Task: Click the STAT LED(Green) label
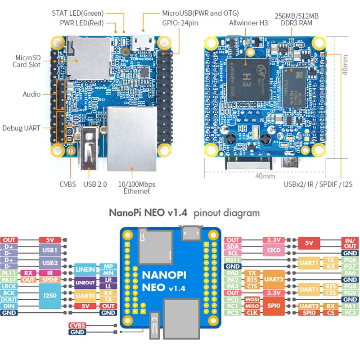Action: [78, 13]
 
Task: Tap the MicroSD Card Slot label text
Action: [28, 61]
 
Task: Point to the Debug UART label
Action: [21, 128]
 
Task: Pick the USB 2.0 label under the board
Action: [95, 184]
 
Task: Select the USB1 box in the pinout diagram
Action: [50, 250]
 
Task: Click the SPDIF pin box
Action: [50, 279]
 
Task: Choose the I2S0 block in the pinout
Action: [50, 296]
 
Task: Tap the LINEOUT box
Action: [85, 283]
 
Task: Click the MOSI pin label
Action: [251, 299]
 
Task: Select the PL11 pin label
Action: [9, 273]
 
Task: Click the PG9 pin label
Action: [350, 292]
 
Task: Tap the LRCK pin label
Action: [9, 286]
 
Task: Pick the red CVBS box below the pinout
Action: [77, 325]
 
